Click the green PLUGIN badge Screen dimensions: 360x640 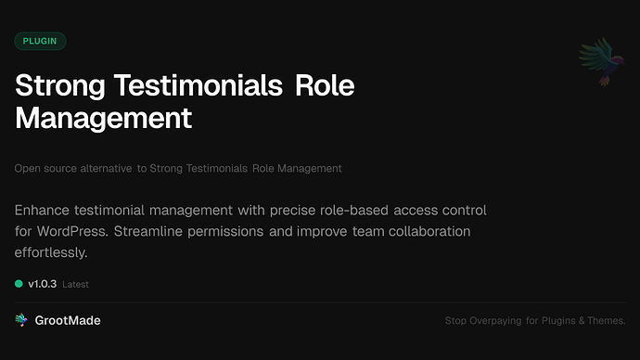40,41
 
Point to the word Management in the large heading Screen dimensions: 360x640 103,118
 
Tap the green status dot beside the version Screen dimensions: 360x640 19,283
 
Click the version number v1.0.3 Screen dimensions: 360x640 43,283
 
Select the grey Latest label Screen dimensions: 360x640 76,284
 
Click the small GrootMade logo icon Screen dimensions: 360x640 21,320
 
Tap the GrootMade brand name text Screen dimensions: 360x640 68,320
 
